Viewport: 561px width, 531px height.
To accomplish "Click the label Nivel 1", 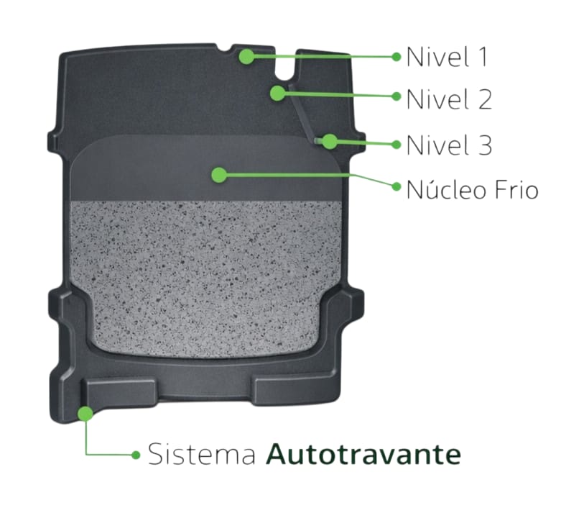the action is (x=447, y=57).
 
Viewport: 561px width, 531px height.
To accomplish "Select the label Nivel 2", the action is (x=449, y=99).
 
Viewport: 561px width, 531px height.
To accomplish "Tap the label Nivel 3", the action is (x=449, y=145).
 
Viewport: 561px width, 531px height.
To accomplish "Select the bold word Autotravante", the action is (x=363, y=454).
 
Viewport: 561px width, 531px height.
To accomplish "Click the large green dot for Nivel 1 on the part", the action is (x=246, y=57).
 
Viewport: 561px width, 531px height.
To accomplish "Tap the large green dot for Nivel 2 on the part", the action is (x=278, y=93).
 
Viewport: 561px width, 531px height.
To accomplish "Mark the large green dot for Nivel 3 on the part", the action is (x=330, y=142).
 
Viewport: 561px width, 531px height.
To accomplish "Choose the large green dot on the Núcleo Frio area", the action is (x=219, y=175).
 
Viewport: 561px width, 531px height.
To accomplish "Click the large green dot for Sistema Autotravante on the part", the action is (x=85, y=414).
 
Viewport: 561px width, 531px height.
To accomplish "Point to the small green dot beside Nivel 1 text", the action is (x=396, y=57).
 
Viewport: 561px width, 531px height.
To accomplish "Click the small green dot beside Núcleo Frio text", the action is (x=397, y=186).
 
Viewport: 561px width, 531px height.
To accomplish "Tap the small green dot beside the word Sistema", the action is (x=136, y=455).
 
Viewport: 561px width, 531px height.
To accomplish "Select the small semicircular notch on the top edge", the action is (x=225, y=48).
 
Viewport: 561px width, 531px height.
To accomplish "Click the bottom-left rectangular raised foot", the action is (x=119, y=394).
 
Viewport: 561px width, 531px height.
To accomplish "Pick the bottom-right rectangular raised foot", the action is (x=295, y=391).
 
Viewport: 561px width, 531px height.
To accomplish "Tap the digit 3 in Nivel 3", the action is (x=485, y=145).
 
